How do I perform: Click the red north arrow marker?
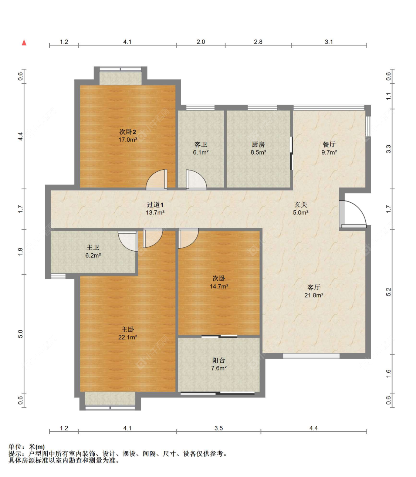tap(24, 43)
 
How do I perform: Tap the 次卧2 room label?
tap(128, 132)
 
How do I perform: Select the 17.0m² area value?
tap(128, 140)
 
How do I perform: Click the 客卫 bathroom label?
tap(201, 145)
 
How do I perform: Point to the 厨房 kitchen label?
tap(258, 145)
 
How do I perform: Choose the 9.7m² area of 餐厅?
tap(329, 152)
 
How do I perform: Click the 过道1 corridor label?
tap(155, 205)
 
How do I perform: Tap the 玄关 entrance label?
tap(301, 205)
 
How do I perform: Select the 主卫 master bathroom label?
tap(93, 247)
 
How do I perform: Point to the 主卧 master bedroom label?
tap(128, 329)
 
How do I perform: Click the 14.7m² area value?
tap(219, 287)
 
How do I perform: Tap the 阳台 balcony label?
tap(219, 361)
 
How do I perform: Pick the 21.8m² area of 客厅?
tap(314, 295)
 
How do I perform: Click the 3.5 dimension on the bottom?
tap(219, 428)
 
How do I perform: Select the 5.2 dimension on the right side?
tap(388, 292)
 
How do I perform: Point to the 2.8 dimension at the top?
tap(258, 42)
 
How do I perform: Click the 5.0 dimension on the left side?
tap(20, 334)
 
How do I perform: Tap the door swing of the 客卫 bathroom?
tap(196, 179)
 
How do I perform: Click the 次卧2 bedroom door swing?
tap(156, 179)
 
